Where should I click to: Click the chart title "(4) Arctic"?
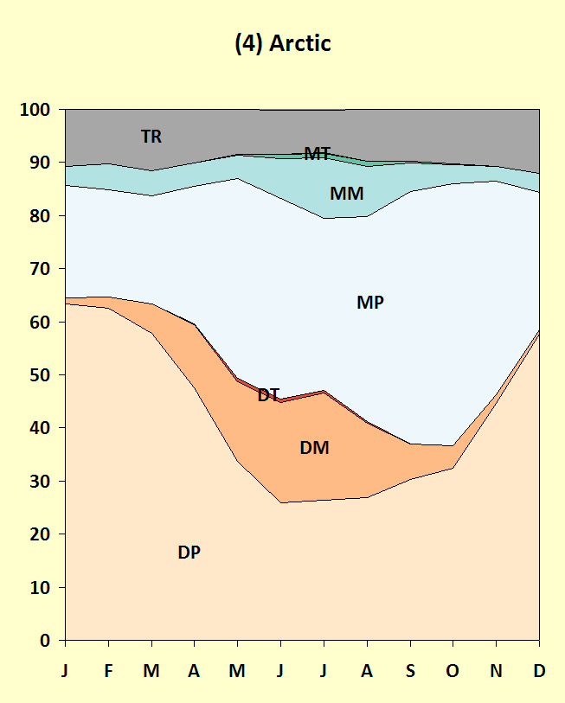pos(283,44)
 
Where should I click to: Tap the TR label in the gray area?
pos(151,137)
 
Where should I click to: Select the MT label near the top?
pos(317,154)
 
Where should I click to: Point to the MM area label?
pos(346,194)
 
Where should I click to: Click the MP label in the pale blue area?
pos(369,303)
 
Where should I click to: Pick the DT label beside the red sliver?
pos(268,395)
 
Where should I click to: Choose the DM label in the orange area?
pos(314,448)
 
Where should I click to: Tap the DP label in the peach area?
pos(189,553)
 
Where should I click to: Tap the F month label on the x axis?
pos(108,670)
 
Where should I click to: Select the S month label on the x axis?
pos(410,670)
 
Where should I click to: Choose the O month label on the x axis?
pos(453,670)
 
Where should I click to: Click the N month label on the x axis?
pos(496,670)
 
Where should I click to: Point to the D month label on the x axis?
pos(539,670)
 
